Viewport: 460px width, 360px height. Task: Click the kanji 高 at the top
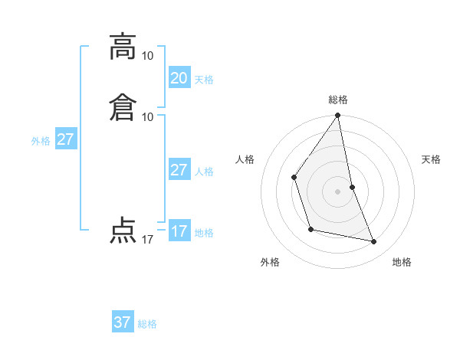click(123, 47)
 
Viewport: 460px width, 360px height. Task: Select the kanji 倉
click(123, 106)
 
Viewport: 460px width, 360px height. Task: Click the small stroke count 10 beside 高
click(147, 56)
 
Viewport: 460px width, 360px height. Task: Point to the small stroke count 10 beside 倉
click(147, 116)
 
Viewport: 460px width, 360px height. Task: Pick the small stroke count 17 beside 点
click(147, 240)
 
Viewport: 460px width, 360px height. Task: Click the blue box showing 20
click(179, 78)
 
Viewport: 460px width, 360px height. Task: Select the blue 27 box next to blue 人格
click(179, 170)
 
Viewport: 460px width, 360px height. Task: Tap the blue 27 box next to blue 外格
click(65, 139)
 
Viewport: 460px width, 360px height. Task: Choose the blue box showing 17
click(179, 231)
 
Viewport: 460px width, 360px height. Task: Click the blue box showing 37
click(122, 322)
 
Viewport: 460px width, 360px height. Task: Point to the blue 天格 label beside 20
click(204, 80)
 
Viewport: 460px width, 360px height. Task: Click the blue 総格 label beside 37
click(147, 324)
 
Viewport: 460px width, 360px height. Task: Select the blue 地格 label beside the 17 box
click(204, 233)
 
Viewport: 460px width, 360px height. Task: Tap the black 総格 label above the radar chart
click(338, 100)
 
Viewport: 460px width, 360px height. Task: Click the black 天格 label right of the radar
click(431, 159)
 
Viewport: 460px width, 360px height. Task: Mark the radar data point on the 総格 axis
click(338, 115)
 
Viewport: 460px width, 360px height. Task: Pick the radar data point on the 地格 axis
click(374, 242)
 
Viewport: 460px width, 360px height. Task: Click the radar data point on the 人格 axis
click(294, 177)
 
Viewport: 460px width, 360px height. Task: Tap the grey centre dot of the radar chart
click(338, 191)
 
